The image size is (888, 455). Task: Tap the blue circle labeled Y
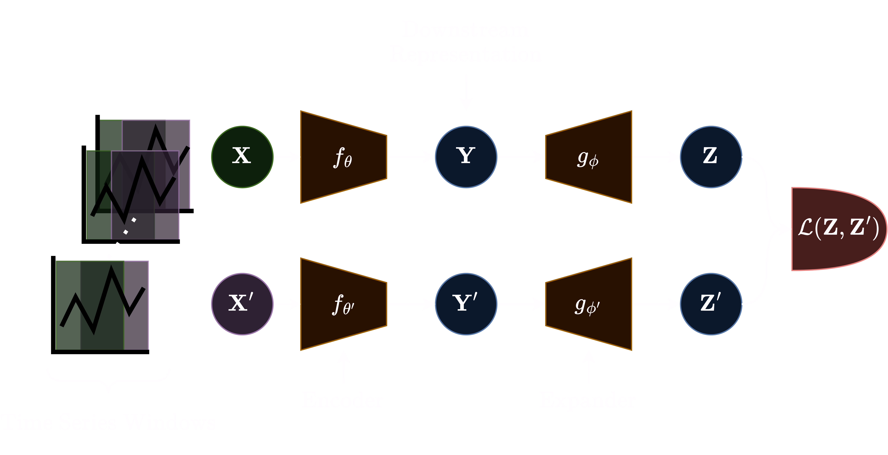tap(466, 157)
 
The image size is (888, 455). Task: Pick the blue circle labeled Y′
tap(466, 304)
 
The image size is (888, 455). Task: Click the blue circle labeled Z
tap(711, 157)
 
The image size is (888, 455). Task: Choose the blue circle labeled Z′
tap(711, 304)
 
